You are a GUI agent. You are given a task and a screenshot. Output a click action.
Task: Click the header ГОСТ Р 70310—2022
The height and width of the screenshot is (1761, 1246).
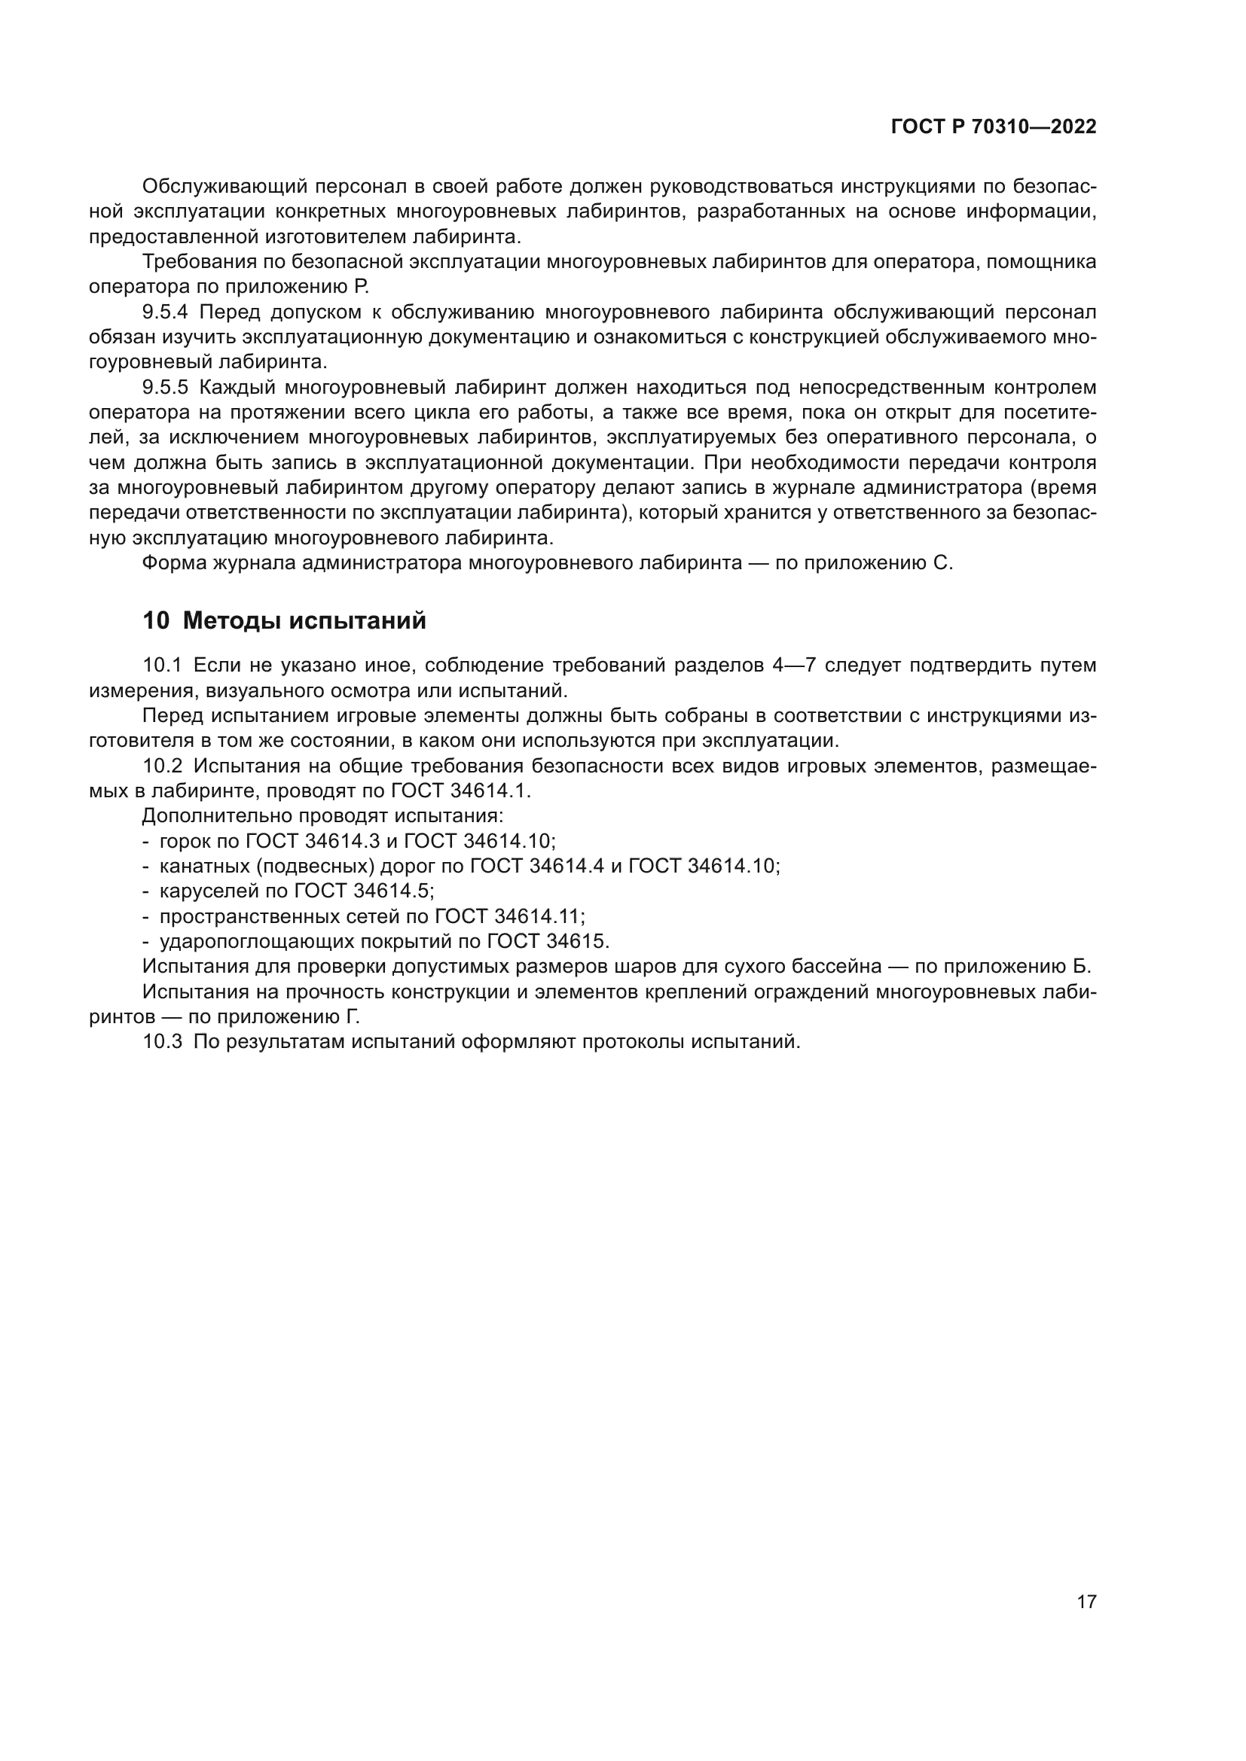[994, 127]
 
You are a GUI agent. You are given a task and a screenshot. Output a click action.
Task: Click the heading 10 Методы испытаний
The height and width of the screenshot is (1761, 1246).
[284, 620]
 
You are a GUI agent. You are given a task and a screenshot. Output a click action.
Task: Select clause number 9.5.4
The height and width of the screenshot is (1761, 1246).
[165, 312]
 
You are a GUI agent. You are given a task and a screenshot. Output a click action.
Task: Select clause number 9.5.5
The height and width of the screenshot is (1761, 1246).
[165, 387]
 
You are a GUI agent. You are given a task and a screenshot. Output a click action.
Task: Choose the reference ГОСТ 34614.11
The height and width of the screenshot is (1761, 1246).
[509, 916]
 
